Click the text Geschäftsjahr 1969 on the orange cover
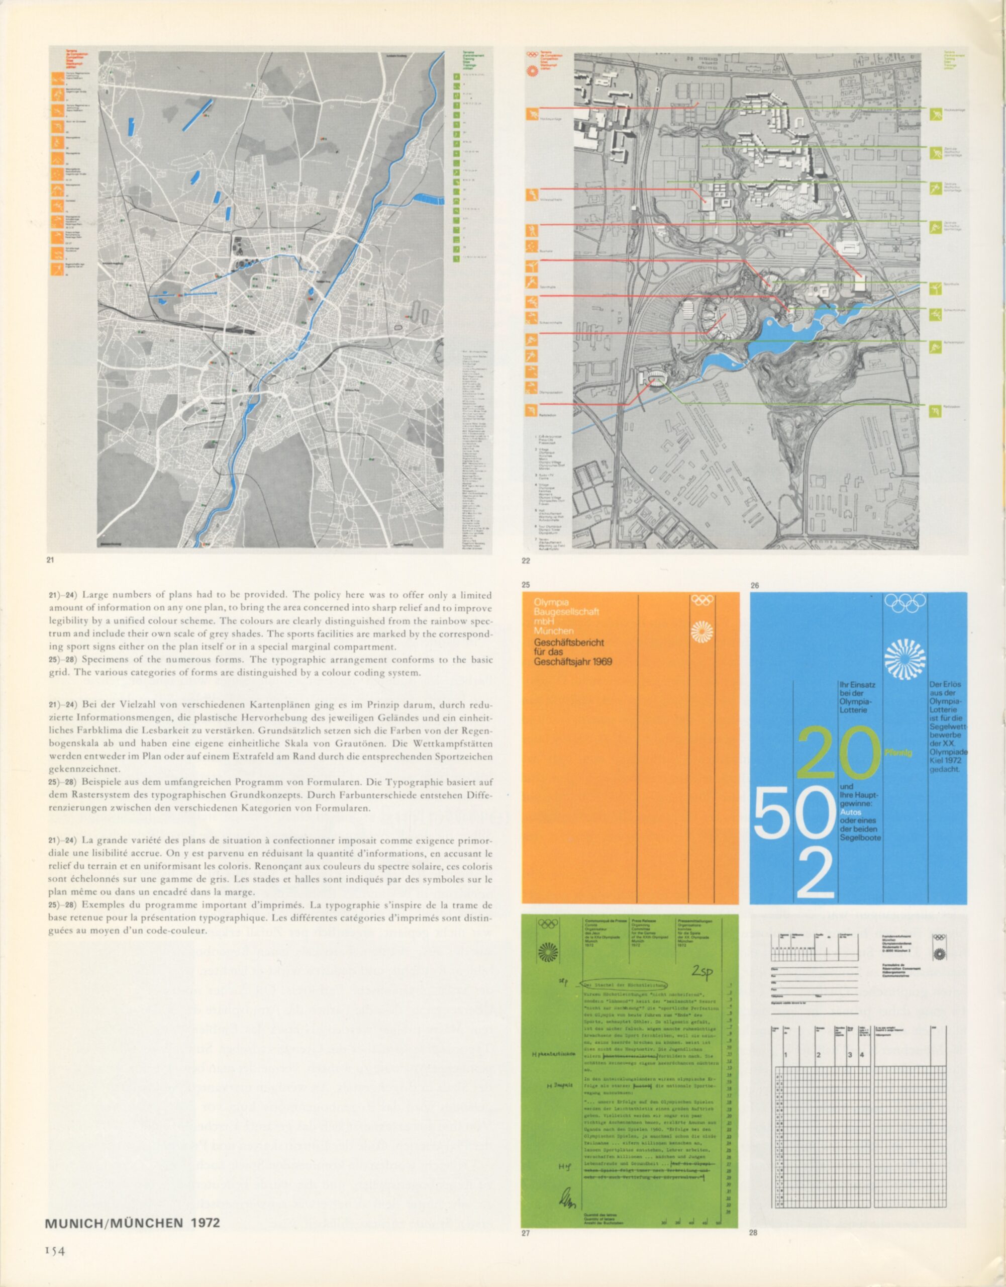[572, 661]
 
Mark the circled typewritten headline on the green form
[624, 985]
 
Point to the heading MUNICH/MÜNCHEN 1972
[133, 1223]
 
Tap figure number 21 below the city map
[50, 560]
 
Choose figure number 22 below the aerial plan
[526, 561]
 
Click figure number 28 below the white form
[753, 1232]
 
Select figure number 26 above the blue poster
[755, 585]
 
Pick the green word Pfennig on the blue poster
[898, 753]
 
